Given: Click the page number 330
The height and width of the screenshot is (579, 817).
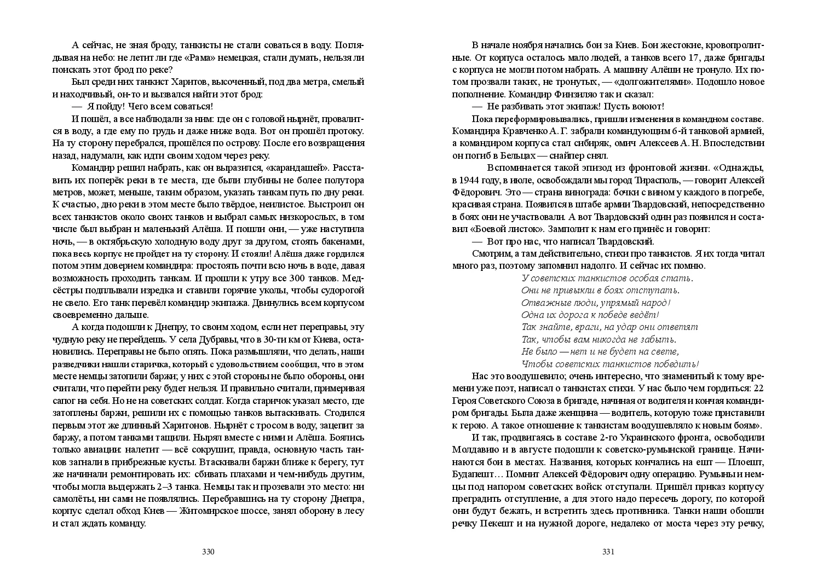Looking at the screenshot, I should [208, 552].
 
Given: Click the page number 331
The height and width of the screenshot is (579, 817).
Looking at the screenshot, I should [608, 552].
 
